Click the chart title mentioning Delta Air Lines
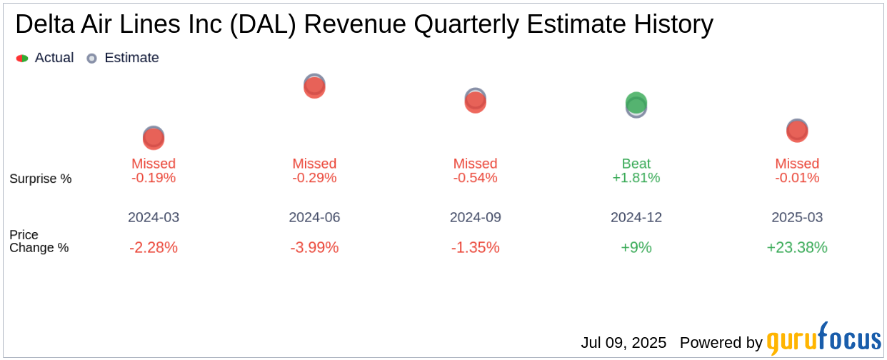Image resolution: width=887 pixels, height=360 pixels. coord(364,25)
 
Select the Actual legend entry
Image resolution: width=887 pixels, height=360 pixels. coord(45,58)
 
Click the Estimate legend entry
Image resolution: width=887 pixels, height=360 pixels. coord(123,58)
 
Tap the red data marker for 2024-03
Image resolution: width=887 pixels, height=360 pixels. coord(154,138)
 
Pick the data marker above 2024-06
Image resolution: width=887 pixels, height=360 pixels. coord(314,86)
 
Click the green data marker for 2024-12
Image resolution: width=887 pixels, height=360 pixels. coord(636,104)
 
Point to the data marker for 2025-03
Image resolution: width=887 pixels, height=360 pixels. coord(797,131)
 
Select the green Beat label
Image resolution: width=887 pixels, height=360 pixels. coord(636,164)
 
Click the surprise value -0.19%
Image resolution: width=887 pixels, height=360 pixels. coord(154,178)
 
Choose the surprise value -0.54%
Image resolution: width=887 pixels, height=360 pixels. coord(475,178)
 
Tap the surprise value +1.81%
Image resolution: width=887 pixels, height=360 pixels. coord(636,178)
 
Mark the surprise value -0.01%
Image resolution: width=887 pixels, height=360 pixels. coord(797,178)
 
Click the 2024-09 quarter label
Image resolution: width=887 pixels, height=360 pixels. coord(475,217)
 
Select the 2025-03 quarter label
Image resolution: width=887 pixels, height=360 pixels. coord(797,217)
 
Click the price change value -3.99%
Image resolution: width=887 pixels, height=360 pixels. coord(314,248)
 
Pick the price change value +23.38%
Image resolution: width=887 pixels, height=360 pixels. coord(797,248)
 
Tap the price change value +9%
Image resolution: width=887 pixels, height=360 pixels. coord(636,248)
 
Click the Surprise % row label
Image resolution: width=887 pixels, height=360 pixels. coord(41,179)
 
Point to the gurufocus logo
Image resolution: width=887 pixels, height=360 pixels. coord(823,340)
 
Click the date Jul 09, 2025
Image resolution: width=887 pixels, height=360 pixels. coord(623,343)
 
